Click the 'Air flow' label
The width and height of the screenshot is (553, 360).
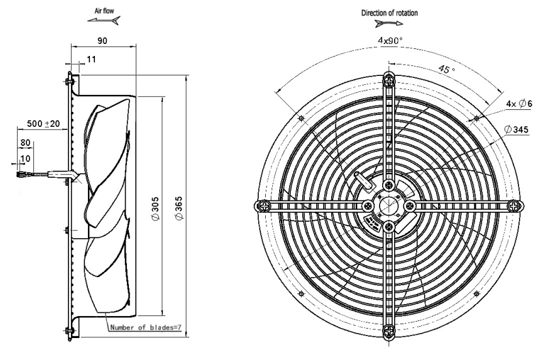click(104, 11)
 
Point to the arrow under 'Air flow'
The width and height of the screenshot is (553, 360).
click(104, 21)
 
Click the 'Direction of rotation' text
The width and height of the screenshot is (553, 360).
click(390, 13)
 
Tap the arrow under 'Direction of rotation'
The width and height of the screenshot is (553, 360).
click(388, 24)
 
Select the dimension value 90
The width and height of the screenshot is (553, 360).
click(102, 41)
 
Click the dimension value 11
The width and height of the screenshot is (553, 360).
click(91, 59)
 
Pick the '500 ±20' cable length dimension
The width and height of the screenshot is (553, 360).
click(43, 123)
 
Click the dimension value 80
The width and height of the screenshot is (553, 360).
click(25, 143)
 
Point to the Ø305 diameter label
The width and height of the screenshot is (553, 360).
click(155, 209)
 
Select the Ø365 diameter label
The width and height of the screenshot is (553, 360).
click(179, 209)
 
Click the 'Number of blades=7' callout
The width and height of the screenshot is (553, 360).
click(146, 327)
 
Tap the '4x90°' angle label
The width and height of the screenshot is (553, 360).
click(390, 41)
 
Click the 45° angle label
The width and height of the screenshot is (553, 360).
click(447, 69)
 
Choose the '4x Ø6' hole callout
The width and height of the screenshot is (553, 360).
click(519, 103)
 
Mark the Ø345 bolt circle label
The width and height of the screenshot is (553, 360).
click(517, 129)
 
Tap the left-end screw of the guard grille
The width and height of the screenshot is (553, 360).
click(263, 205)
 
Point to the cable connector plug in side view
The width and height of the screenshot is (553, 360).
click(20, 173)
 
